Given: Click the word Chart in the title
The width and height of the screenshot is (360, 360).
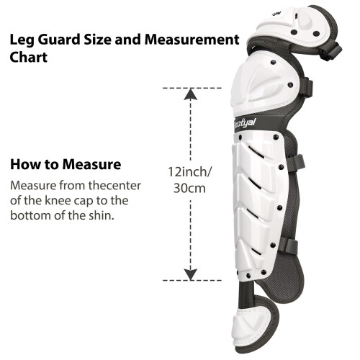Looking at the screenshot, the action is coord(29,57).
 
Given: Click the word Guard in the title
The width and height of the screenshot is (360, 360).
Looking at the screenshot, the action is coord(59,40).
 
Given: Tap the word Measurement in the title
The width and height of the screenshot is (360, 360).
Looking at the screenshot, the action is coord(192,40).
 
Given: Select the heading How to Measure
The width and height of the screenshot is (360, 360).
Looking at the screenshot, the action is coord(66,164).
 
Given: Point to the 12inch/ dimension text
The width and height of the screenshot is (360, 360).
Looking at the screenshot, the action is coord(190,172).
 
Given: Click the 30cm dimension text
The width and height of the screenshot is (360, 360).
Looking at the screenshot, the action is coord(189,188).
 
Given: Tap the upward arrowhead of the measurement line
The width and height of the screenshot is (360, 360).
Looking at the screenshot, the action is coord(191,94).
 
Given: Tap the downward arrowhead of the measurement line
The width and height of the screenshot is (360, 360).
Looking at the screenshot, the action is coord(191,274).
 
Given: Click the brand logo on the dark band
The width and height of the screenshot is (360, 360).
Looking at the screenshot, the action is coord(245,123).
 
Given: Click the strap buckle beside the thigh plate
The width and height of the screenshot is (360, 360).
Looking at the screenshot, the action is coord(331,51).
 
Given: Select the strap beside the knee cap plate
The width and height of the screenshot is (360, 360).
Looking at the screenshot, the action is coord(306,88).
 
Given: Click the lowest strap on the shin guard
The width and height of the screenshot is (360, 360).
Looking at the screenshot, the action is coord(289,246).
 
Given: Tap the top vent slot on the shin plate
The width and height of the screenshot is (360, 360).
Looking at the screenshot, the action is coord(256,152).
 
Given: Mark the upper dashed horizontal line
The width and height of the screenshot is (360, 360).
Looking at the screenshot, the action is coord(192,89).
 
